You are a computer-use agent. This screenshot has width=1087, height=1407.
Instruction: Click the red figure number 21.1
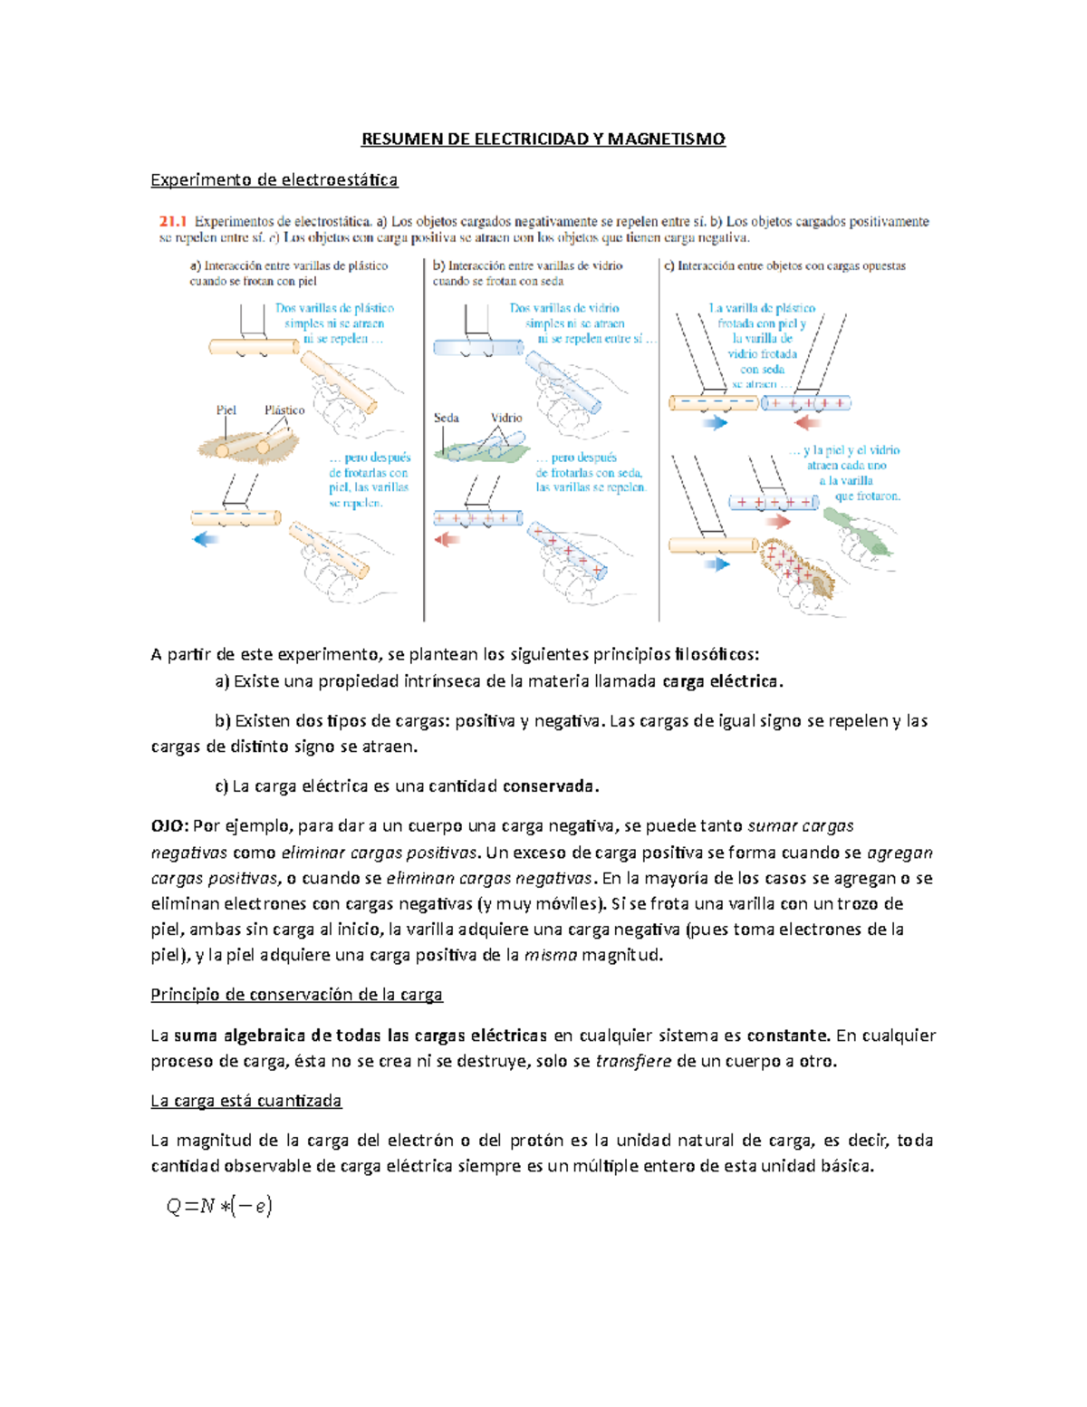[172, 221]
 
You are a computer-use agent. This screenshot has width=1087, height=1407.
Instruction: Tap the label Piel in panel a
[226, 410]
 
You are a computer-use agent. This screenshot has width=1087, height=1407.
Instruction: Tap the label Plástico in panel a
[284, 410]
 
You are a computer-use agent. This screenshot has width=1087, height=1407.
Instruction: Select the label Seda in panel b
[446, 419]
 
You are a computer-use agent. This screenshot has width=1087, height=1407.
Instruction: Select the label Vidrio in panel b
[506, 419]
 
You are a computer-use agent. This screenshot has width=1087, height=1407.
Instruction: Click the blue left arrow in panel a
[207, 540]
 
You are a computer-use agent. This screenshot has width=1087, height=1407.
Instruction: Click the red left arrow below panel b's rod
[447, 540]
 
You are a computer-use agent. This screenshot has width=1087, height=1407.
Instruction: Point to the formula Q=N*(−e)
[219, 1206]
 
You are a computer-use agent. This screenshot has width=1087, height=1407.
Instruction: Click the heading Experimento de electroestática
[274, 179]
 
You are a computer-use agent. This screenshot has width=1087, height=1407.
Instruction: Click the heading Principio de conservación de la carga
[296, 995]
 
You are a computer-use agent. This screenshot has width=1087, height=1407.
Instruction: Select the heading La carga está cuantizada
[245, 1101]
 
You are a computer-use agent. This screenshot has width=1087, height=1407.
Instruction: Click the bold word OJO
[168, 826]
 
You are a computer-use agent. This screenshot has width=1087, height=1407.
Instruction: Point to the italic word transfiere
[633, 1061]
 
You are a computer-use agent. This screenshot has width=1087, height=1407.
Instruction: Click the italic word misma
[551, 955]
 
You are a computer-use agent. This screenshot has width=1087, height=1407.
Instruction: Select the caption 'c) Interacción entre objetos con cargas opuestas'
[784, 266]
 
